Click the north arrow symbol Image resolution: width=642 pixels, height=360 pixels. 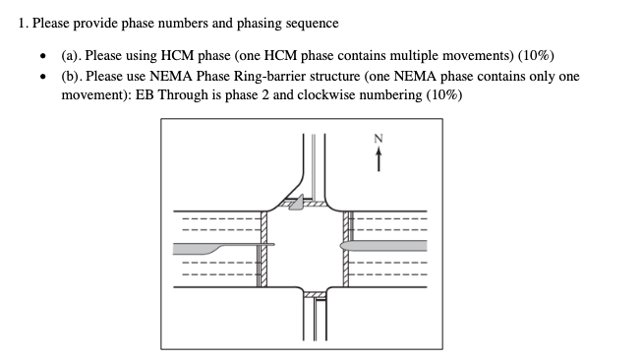click(376, 159)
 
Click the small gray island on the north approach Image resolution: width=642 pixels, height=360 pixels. click(296, 204)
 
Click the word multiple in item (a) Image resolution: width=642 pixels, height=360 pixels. click(403, 56)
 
